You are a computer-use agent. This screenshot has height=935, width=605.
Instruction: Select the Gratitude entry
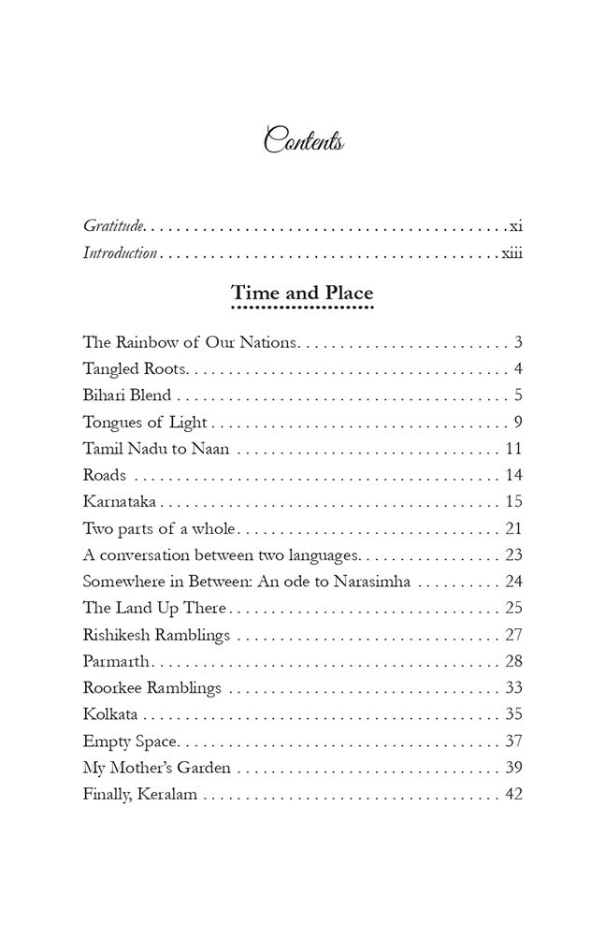(114, 225)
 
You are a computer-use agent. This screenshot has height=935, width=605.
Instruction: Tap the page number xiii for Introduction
(511, 253)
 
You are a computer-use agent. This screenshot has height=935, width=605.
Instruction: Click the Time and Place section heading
(302, 293)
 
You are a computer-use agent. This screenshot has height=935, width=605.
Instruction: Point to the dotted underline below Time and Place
(302, 307)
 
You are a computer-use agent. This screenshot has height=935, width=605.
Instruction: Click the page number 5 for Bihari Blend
(517, 395)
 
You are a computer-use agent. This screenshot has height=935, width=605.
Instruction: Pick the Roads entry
(105, 475)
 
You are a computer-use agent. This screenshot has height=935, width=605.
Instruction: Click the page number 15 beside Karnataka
(513, 501)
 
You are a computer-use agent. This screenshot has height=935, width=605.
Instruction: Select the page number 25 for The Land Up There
(513, 609)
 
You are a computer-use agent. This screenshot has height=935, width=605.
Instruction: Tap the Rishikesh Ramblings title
(156, 636)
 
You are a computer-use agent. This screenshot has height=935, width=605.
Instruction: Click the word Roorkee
(112, 689)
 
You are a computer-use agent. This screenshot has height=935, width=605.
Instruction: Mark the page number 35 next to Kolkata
(513, 715)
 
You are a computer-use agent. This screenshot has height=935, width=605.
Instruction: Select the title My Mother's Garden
(156, 769)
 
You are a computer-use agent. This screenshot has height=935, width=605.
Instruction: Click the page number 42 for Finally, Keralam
(513, 796)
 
